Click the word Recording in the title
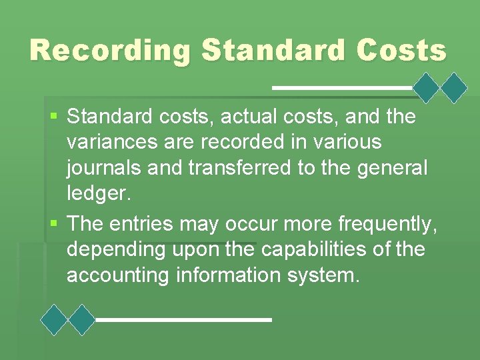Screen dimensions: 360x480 click(x=109, y=51)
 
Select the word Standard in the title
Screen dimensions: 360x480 click(x=263, y=51)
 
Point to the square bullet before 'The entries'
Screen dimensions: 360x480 click(x=54, y=223)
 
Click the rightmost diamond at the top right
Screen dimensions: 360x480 click(x=455, y=87)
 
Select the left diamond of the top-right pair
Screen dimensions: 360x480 click(x=427, y=87)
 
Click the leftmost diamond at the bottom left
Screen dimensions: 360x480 click(x=54, y=320)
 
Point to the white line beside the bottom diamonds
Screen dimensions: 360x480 click(x=183, y=320)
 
